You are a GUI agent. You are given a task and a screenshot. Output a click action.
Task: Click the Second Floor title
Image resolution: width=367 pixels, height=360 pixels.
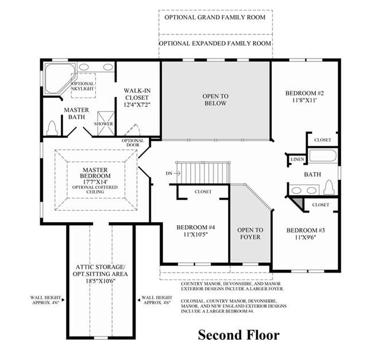coord(238,335)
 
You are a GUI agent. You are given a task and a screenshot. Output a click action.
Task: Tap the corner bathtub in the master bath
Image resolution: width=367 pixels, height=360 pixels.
coord(59,79)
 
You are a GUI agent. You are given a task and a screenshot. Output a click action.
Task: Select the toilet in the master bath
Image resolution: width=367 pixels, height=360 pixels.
coord(52,129)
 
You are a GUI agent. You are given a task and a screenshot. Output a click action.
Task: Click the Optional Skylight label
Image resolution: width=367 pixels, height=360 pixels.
coord(83,86)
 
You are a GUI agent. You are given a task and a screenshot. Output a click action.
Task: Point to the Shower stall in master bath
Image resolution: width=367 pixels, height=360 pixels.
coord(106,123)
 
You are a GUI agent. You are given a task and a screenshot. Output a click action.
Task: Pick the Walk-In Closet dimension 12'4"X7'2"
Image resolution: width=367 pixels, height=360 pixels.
coord(137,104)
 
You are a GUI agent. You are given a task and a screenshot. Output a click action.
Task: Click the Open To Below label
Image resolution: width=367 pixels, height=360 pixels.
coord(215,100)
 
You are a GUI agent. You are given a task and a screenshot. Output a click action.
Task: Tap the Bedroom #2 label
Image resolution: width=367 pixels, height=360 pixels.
coord(304,93)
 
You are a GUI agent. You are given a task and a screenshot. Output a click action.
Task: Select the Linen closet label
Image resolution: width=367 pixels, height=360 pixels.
coord(298,159)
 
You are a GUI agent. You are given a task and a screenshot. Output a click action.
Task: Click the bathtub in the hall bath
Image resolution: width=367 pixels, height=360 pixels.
coord(323,156)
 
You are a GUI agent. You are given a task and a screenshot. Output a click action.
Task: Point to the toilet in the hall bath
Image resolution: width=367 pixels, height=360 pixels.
coord(329,187)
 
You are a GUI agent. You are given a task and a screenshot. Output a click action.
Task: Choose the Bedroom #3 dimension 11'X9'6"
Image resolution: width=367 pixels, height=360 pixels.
coord(306,238)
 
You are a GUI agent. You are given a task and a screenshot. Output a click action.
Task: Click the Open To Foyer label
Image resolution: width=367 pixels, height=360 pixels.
coord(250,234)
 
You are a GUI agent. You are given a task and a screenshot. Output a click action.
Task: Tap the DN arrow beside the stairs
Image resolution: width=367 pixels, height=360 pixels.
coord(177,173)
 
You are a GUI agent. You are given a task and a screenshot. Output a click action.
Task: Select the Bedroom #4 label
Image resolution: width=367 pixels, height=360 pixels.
coord(196,227)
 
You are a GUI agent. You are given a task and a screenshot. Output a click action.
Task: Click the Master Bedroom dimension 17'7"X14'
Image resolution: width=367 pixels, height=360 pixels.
coord(95,182)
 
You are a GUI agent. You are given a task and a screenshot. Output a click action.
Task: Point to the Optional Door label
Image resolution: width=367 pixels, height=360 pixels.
coord(133,143)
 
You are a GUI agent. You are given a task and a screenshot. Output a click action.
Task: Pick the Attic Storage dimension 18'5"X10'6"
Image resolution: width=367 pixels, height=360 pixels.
coord(101,281)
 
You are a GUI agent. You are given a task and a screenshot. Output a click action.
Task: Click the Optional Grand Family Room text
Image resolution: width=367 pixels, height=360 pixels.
coord(215,17)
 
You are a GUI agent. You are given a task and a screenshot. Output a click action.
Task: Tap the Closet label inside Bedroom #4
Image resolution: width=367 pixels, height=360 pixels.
coord(203,192)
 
